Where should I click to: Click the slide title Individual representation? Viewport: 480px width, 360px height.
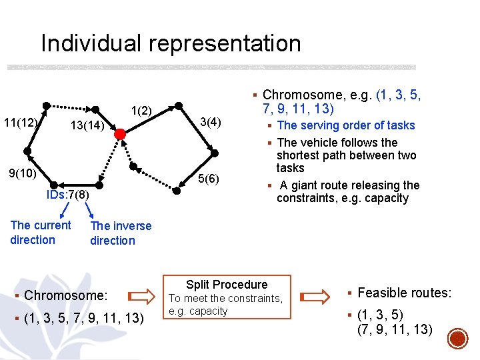(x=171, y=43)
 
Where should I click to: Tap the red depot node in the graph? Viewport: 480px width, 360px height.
(x=120, y=134)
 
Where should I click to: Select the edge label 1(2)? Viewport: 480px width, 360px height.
(x=141, y=110)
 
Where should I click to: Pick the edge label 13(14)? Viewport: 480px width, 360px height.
(x=87, y=126)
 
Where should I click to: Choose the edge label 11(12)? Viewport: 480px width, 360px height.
(x=20, y=122)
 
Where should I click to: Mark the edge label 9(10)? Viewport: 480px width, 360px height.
(x=22, y=173)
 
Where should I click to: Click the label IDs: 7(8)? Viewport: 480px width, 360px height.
(x=67, y=195)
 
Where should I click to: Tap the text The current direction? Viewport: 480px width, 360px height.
(x=40, y=233)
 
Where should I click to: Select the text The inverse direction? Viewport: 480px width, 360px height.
(x=120, y=233)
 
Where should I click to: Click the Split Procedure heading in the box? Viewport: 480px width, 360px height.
(x=227, y=285)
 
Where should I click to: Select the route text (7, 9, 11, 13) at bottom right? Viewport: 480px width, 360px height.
(x=395, y=329)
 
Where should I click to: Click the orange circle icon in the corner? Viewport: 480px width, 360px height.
(x=457, y=338)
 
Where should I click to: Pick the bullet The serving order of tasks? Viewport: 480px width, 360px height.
(x=345, y=125)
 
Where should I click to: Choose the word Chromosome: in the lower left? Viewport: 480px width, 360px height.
(x=65, y=295)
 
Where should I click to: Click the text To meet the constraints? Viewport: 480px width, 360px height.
(x=225, y=299)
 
